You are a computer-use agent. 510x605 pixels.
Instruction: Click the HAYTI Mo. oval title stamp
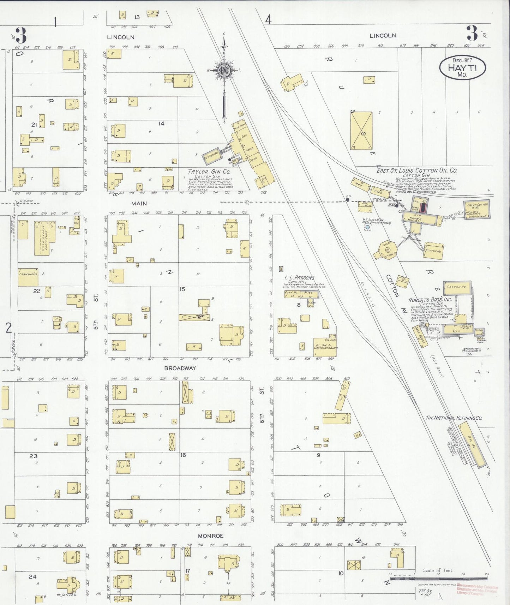pyautogui.click(x=462, y=67)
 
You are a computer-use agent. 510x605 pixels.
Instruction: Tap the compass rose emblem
pyautogui.click(x=224, y=70)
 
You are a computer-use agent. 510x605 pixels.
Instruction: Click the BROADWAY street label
pyautogui.click(x=180, y=368)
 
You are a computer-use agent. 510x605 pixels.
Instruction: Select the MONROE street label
pyautogui.click(x=210, y=536)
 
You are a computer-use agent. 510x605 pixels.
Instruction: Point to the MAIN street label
pyautogui.click(x=139, y=203)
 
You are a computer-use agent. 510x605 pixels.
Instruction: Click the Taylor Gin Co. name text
pyautogui.click(x=209, y=172)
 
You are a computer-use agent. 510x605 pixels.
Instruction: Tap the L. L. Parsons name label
pyautogui.click(x=299, y=277)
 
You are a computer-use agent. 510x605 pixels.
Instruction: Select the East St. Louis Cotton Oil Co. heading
pyautogui.click(x=416, y=170)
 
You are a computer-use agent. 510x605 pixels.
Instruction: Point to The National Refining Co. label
pyautogui.click(x=454, y=418)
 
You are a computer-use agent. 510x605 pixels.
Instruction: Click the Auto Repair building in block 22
pyautogui.click(x=42, y=238)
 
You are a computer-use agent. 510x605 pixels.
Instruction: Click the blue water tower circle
pyautogui.click(x=367, y=227)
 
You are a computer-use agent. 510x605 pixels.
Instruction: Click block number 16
pyautogui.click(x=183, y=455)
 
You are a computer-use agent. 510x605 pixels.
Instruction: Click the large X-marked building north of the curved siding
pyautogui.click(x=361, y=131)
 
